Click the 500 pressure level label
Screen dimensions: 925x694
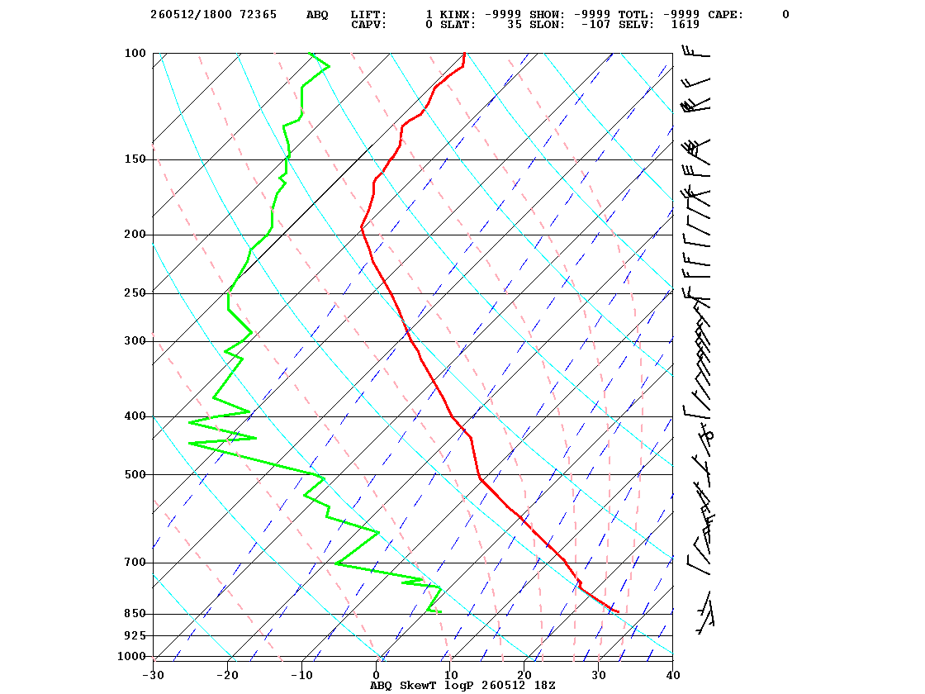tap(135, 474)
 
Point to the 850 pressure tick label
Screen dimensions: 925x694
tap(135, 614)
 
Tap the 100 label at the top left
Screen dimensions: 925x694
tap(135, 53)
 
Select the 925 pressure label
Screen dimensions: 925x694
tap(135, 635)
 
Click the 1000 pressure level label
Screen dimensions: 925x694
tap(131, 656)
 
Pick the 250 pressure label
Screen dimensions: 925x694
tap(135, 292)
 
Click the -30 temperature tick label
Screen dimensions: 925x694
tap(153, 675)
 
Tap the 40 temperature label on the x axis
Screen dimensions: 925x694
tap(673, 675)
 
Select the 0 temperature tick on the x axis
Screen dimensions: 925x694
tap(377, 675)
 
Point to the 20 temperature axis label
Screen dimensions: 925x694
tap(524, 675)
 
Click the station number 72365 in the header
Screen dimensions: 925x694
tap(258, 14)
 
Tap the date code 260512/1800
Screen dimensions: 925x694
tap(191, 14)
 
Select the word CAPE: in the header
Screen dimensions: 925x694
tap(726, 14)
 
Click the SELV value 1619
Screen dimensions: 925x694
tap(685, 24)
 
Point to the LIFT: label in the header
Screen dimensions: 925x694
tap(368, 14)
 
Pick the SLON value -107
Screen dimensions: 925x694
tap(595, 24)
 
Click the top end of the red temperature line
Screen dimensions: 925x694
tap(465, 53)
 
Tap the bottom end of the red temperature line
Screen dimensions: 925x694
tap(619, 611)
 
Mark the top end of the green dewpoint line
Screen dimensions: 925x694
tap(309, 53)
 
